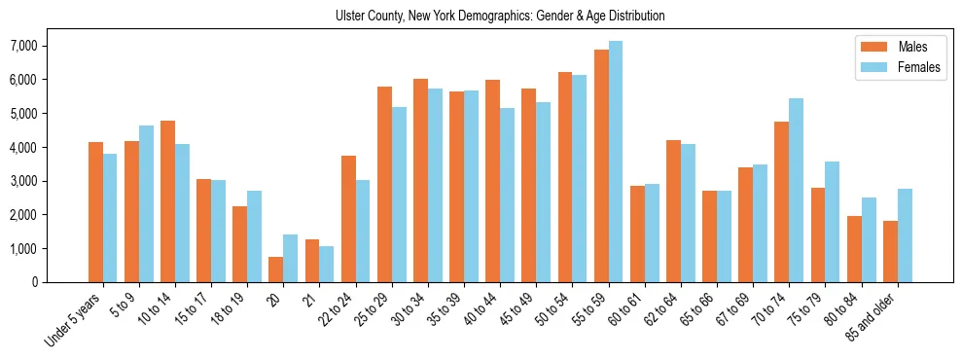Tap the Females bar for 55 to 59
(616, 162)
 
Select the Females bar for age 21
(327, 264)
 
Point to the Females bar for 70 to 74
(796, 190)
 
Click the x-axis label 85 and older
(873, 315)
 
